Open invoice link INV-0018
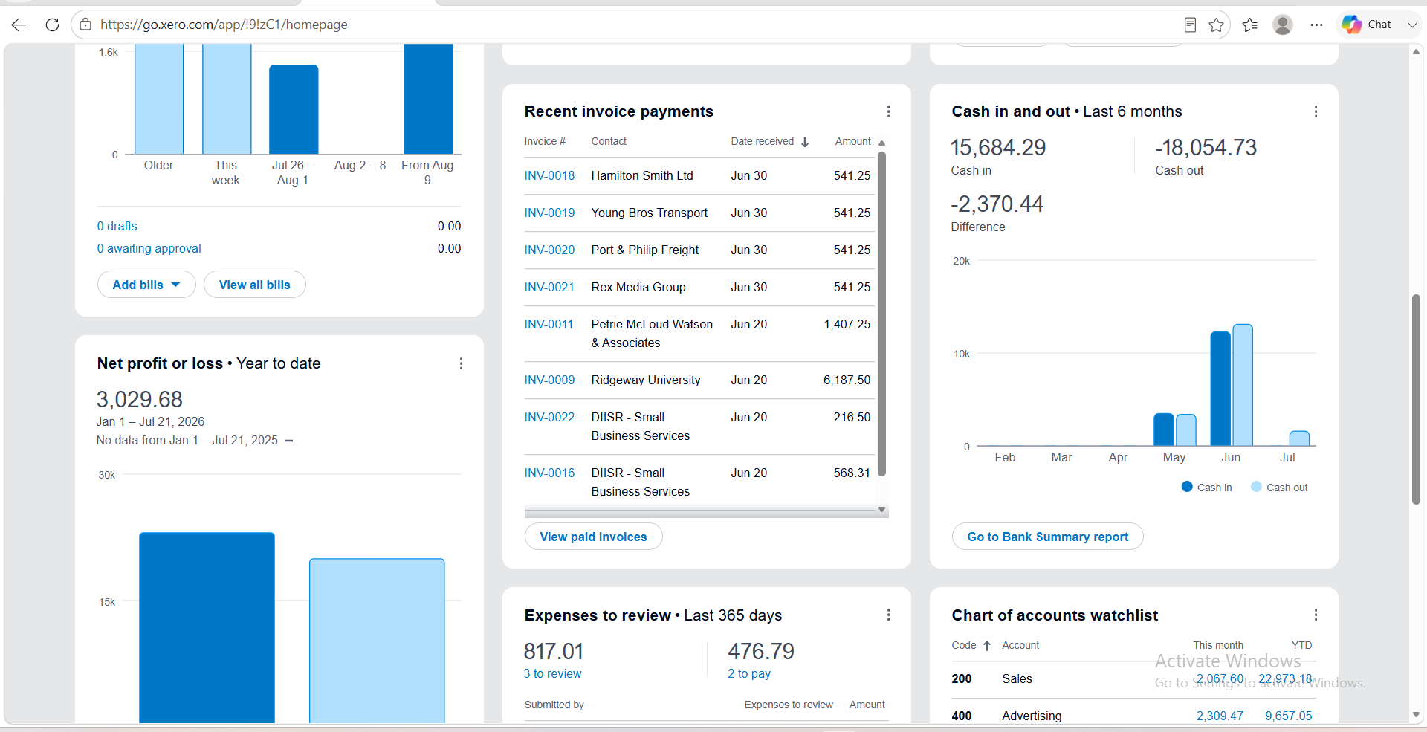click(549, 175)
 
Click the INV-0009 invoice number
click(549, 380)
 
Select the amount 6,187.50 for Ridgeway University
click(847, 380)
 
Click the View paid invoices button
click(593, 537)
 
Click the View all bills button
click(254, 285)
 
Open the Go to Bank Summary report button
click(1047, 537)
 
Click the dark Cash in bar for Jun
click(1220, 389)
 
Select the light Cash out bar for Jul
click(1299, 438)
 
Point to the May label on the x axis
click(1174, 458)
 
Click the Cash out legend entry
click(1279, 488)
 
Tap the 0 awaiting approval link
click(149, 248)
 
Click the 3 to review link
click(552, 673)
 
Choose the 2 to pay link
click(749, 673)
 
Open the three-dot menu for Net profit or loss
click(461, 363)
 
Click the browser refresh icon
click(52, 25)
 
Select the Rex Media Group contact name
click(638, 287)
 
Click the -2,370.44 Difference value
click(997, 204)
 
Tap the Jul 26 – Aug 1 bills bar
click(294, 109)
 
